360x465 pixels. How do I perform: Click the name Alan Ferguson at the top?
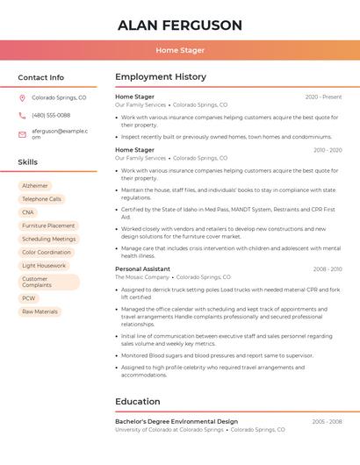(180, 25)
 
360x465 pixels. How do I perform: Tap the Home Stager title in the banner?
(180, 50)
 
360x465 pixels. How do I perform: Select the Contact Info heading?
(40, 77)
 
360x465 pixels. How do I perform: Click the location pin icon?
(22, 98)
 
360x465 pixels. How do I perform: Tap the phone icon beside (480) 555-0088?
(22, 116)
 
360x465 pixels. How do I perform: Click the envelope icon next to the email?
(22, 133)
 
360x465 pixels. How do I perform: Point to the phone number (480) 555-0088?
(51, 116)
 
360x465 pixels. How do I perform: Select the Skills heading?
(28, 162)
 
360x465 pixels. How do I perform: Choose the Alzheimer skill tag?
(35, 186)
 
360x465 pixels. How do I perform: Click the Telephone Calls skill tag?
(41, 199)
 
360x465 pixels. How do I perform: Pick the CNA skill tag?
(28, 212)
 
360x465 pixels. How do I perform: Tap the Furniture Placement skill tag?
(48, 225)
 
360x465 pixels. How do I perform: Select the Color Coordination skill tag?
(47, 252)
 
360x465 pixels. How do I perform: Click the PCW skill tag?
(29, 298)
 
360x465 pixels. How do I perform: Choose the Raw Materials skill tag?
(40, 311)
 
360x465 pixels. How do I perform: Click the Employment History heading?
(161, 77)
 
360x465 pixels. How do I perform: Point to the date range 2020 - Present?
(323, 97)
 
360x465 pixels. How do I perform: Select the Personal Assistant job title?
(142, 268)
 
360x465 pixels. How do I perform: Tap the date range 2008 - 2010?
(327, 268)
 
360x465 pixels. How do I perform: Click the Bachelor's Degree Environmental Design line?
(176, 421)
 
